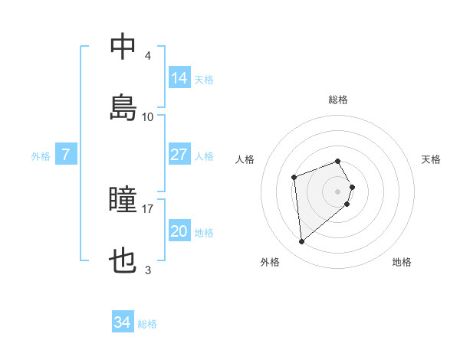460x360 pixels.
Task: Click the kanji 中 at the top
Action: point(123,48)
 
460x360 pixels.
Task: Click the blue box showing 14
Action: point(179,77)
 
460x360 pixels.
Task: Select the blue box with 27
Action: point(179,155)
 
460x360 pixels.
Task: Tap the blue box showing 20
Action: point(179,231)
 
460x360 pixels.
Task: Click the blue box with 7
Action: point(66,155)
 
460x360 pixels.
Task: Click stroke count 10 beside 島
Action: point(148,116)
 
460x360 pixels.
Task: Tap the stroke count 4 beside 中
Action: point(148,57)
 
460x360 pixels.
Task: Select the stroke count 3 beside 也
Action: point(148,270)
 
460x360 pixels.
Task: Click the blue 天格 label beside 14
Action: point(204,79)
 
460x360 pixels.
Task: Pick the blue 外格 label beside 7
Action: point(41,156)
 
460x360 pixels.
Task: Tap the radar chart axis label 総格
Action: point(338,100)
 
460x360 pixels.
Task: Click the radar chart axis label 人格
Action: point(245,159)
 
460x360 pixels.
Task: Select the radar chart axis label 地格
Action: point(402,262)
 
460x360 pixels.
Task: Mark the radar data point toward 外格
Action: point(302,242)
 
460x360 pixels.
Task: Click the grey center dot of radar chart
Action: point(338,191)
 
